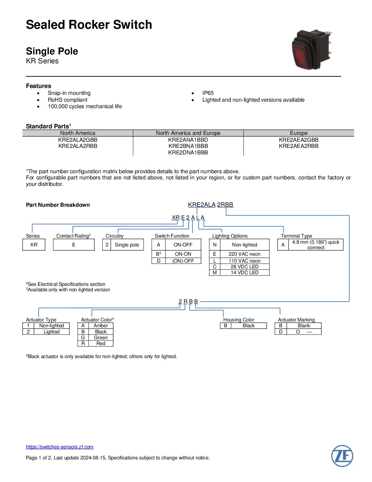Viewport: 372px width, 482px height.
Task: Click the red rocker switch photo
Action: coord(311,49)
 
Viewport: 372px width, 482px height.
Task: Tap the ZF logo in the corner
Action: coord(342,456)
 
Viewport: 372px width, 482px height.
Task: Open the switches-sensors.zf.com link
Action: coord(59,447)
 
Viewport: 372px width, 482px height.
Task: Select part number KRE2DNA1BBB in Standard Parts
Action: coord(188,152)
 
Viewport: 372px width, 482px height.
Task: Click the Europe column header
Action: coord(298,133)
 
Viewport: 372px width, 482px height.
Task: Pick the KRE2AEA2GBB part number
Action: coord(298,140)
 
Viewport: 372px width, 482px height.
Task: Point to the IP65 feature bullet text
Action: coord(208,93)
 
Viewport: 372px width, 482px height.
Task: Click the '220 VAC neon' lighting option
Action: coord(244,254)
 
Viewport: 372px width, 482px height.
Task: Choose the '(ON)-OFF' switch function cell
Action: coord(183,261)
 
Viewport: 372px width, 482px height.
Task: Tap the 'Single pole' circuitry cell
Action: coord(127,245)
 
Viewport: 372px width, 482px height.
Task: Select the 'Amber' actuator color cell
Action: coord(101,326)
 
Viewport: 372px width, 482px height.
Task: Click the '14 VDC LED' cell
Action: coord(244,272)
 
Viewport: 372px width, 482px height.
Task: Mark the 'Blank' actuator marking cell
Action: coord(304,326)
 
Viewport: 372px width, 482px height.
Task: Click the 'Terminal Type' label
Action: coord(296,236)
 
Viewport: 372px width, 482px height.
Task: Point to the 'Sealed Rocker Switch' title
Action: coord(89,25)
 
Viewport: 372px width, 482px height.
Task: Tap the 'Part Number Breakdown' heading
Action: coord(58,205)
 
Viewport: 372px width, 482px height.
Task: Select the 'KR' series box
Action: coord(34,245)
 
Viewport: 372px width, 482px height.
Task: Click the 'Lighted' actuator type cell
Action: coord(51,332)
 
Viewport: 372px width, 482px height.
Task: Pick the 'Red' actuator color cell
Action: coord(101,343)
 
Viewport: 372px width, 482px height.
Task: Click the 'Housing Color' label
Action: coord(239,320)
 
